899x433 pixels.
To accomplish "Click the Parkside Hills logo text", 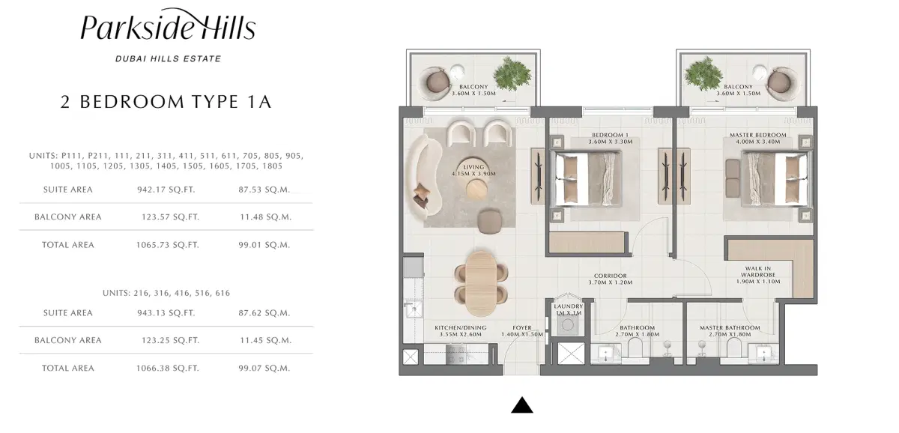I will click(x=167, y=28).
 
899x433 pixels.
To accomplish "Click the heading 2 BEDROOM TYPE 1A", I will click(x=166, y=102).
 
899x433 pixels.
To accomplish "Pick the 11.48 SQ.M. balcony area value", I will click(x=263, y=216).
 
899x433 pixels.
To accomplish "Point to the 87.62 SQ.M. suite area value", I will click(x=263, y=312).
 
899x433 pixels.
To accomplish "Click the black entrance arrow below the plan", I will click(x=521, y=405).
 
